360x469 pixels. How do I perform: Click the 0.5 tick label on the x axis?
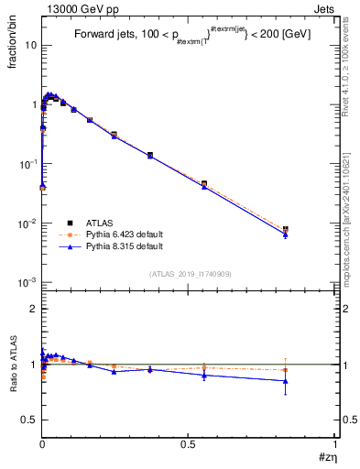pos(188,443)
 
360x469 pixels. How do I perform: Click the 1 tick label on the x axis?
pos(334,443)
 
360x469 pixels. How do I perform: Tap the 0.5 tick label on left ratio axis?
pos(28,420)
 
